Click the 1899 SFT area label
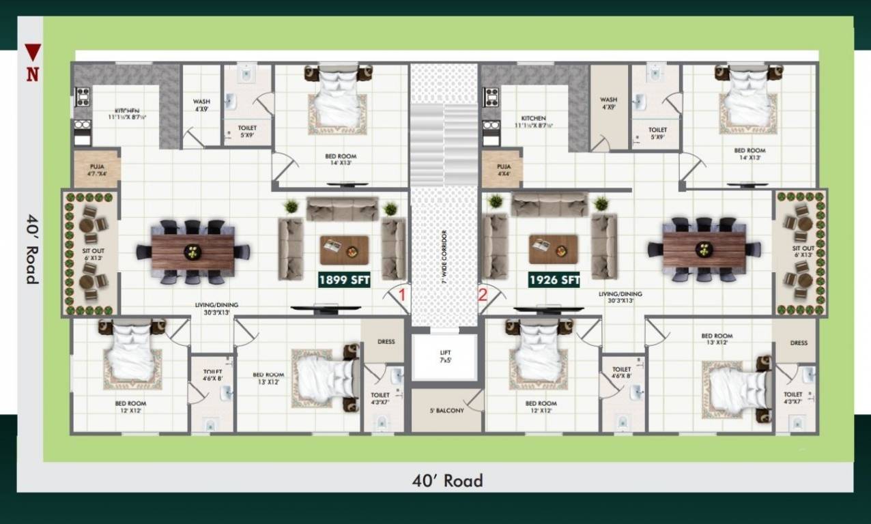coord(344,280)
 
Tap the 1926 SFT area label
coord(554,280)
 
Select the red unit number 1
coord(403,295)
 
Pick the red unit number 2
coord(483,295)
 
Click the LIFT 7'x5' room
coord(445,356)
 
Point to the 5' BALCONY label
coord(446,411)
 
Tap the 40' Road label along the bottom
coord(447,481)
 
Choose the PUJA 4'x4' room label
coord(504,170)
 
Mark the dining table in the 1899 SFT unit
coord(192,251)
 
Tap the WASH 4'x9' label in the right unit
coord(608,104)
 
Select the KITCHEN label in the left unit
coord(127,113)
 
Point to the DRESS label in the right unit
coord(798,343)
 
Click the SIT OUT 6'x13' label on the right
coord(803,251)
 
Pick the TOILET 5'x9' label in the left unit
coord(247,131)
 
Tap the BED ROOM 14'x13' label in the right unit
coord(749,154)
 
